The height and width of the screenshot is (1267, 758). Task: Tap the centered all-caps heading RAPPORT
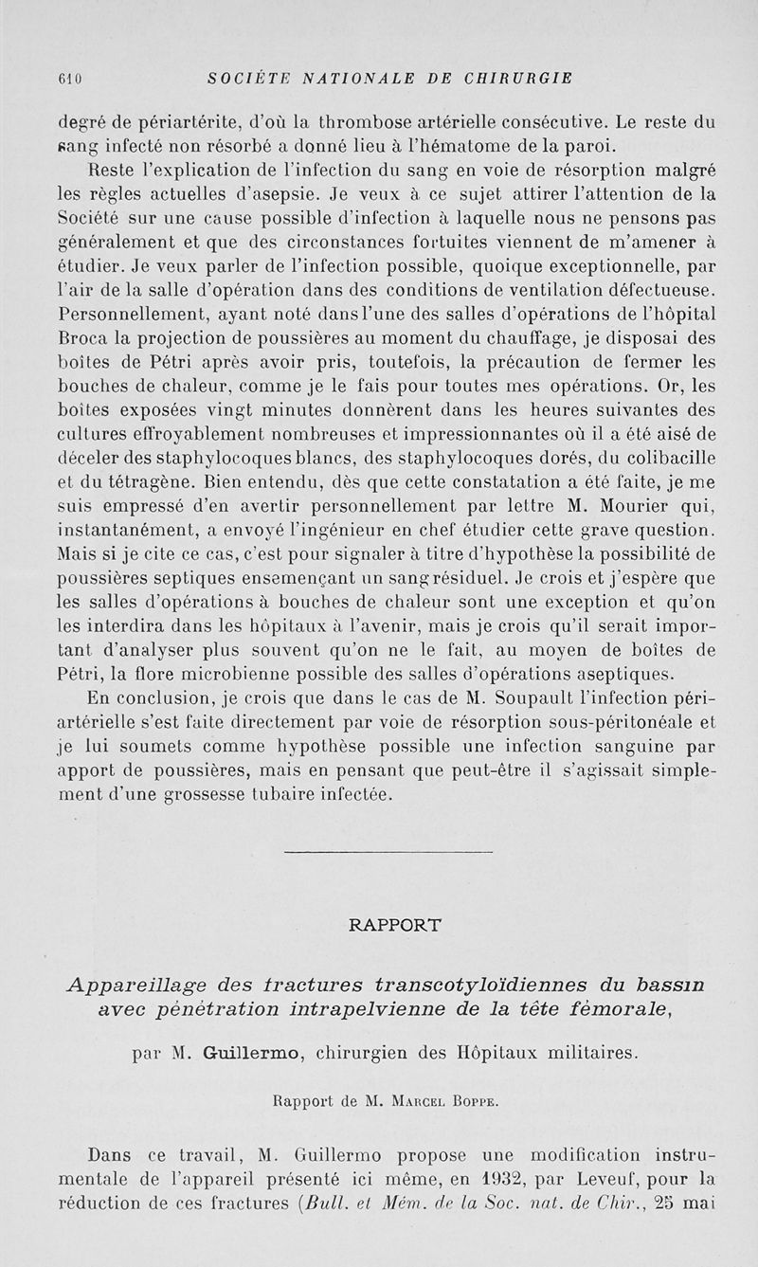[390, 924]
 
